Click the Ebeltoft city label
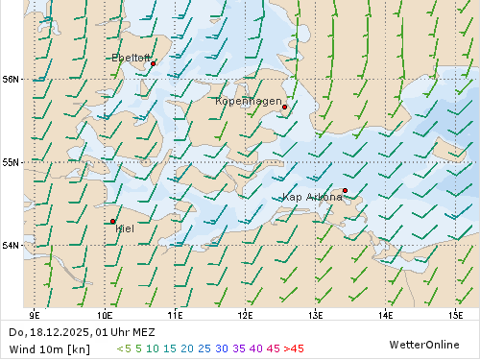(132, 58)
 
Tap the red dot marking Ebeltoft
(153, 63)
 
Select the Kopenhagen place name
(249, 101)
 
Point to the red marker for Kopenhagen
(285, 108)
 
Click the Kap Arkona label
(312, 197)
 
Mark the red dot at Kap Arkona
(345, 190)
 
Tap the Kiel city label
(125, 228)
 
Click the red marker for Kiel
(113, 221)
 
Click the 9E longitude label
(36, 314)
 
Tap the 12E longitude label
(245, 314)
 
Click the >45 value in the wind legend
(294, 348)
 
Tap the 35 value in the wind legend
(239, 348)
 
